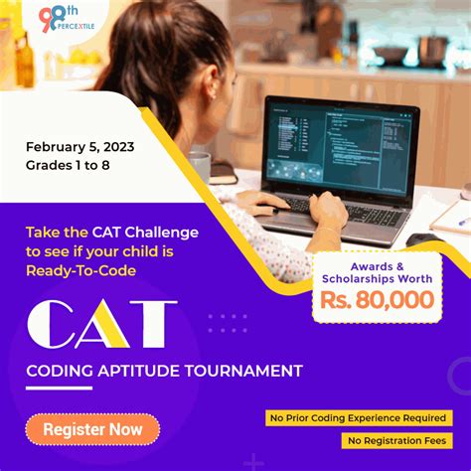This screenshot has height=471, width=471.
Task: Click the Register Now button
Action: coord(92,429)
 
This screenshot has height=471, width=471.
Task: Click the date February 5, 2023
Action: coord(80,147)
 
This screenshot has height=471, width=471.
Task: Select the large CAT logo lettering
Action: coord(101,324)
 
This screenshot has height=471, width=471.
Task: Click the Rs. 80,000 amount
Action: coord(378,300)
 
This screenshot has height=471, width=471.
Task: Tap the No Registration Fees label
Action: coord(396,440)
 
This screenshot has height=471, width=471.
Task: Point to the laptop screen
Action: coord(338,146)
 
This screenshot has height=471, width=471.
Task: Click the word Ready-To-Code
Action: coord(81,270)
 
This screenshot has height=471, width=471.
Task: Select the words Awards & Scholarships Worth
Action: coord(378,271)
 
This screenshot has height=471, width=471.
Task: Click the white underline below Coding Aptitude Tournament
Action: coord(59,389)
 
